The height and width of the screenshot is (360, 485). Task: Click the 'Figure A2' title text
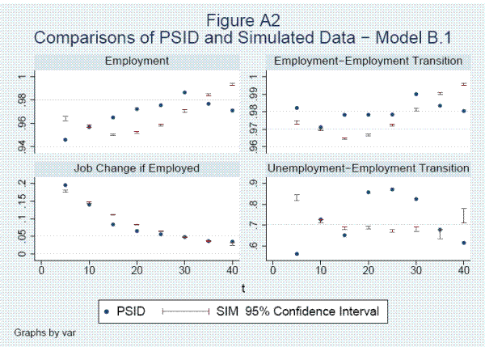[242, 19]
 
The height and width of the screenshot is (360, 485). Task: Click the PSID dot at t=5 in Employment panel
[65, 139]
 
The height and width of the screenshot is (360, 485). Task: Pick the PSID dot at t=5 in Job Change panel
[65, 185]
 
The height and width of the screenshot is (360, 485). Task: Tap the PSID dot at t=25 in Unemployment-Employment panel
[392, 189]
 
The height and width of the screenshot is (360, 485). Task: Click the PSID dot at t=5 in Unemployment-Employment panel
[297, 254]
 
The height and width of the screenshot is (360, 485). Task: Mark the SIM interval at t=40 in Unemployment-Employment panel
[464, 215]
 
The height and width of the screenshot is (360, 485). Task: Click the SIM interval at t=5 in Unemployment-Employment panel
[297, 197]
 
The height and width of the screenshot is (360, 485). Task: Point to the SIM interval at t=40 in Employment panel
[232, 84]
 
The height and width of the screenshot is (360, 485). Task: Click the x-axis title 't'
[242, 288]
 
